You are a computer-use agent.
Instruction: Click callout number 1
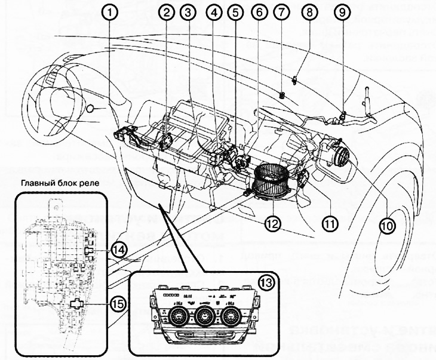pos(110,11)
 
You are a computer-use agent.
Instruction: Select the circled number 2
pos(166,11)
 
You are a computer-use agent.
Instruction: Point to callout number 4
pos(213,11)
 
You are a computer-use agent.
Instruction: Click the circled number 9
pos(340,11)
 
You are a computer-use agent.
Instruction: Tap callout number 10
pos(386,226)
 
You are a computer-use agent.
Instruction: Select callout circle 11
pos(329,223)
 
